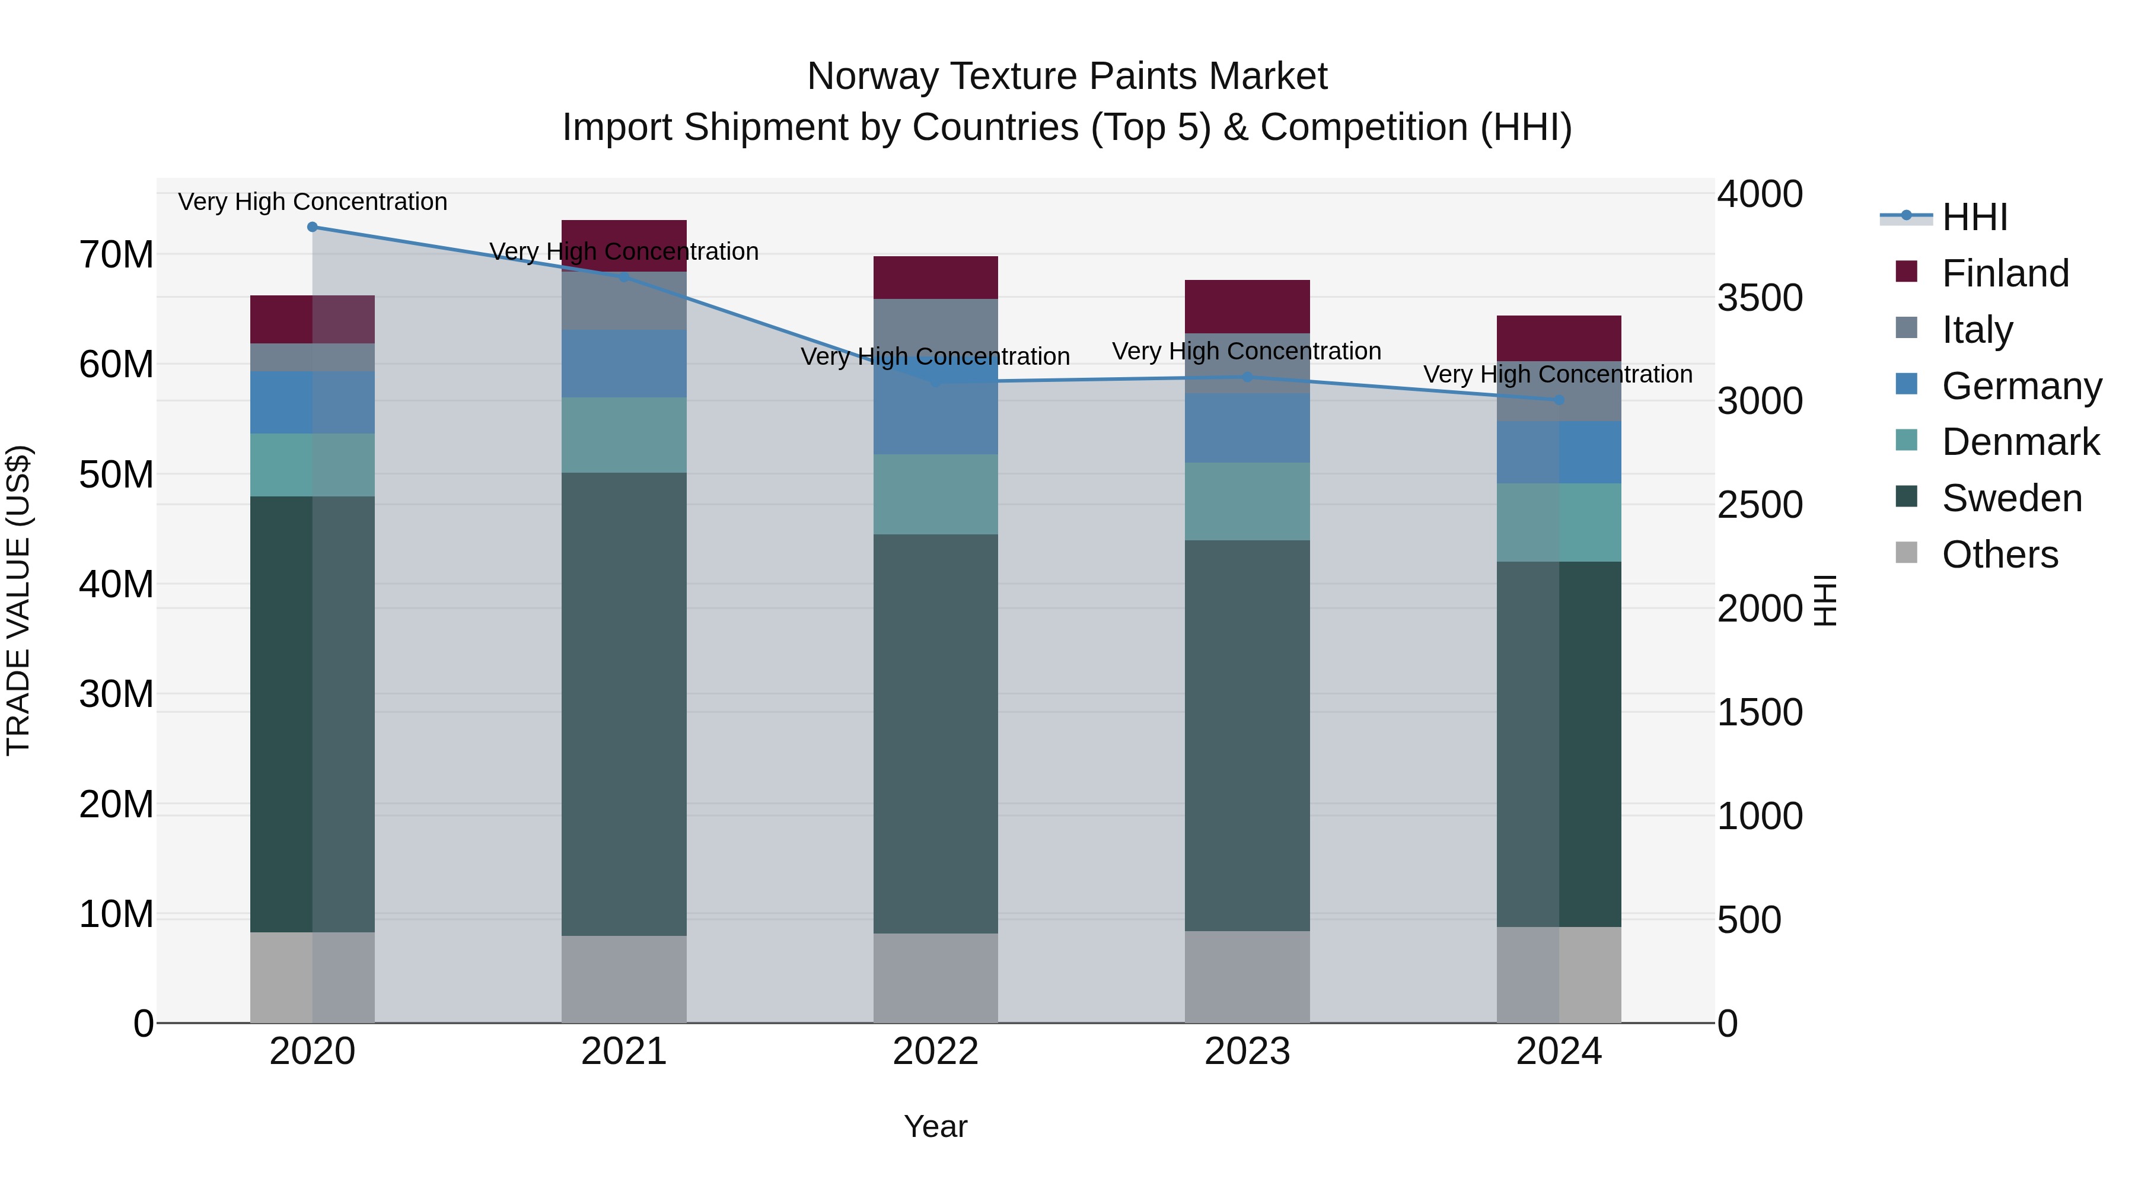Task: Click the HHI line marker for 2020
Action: (x=313, y=227)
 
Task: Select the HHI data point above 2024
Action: (x=1558, y=400)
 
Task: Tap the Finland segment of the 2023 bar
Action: (x=1247, y=307)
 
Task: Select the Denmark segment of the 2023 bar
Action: (x=1247, y=501)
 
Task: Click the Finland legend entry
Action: (x=2004, y=273)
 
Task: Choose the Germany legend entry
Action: (x=2021, y=386)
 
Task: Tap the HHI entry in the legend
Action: (x=1974, y=217)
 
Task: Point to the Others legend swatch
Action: (x=1906, y=553)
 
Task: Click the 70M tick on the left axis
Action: (x=116, y=254)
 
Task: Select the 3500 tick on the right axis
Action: (x=1759, y=298)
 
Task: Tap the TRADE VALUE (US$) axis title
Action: (x=18, y=600)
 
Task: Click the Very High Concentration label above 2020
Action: (x=313, y=202)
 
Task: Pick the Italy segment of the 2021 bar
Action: (x=623, y=301)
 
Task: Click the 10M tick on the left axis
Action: (x=116, y=914)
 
